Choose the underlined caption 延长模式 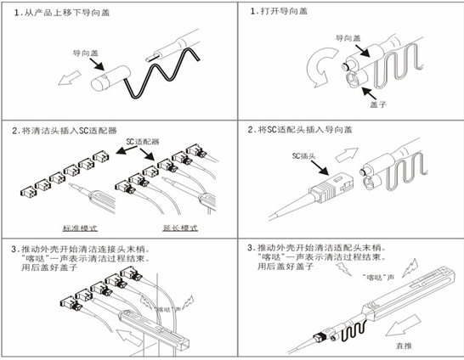click(x=180, y=228)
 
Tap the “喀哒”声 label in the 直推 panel click(x=377, y=278)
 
